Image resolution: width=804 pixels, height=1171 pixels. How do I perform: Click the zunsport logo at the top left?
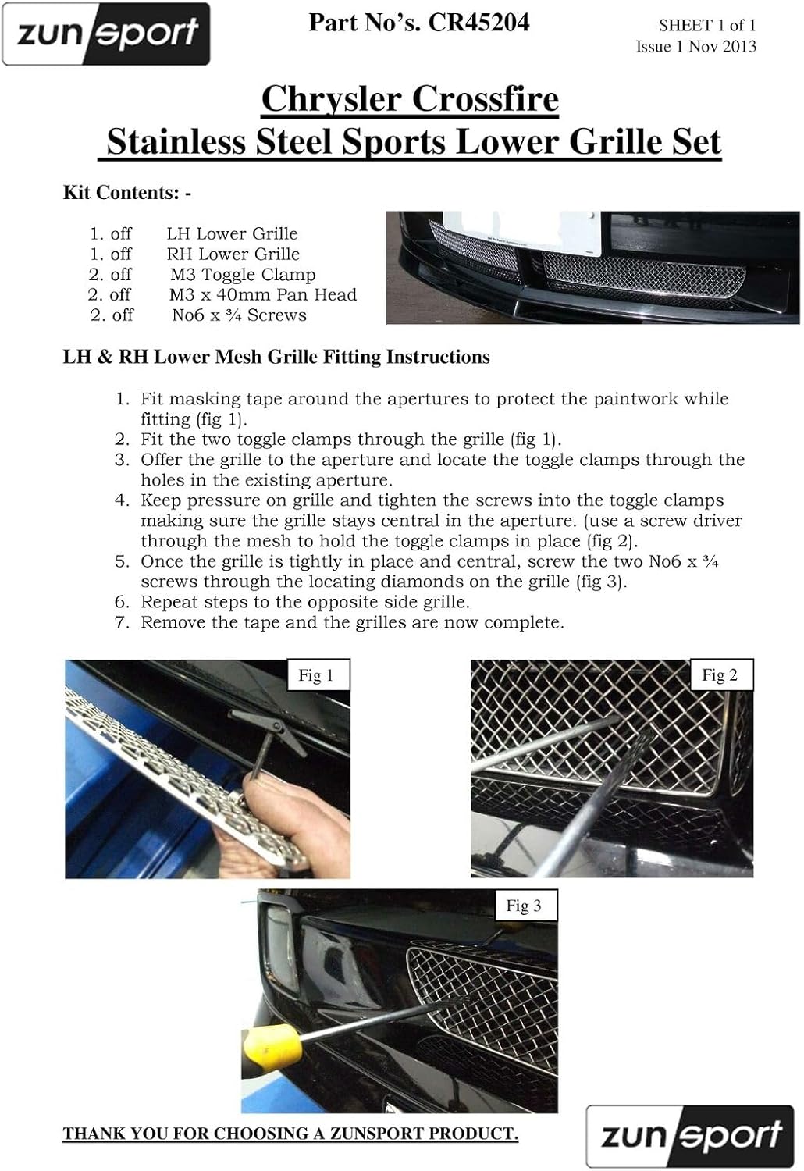[x=106, y=34]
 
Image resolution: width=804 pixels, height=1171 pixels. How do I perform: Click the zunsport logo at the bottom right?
[x=690, y=1136]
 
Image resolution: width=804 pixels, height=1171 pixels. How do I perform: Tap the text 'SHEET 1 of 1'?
[x=706, y=26]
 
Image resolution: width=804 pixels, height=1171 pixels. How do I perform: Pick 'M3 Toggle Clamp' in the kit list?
[x=243, y=275]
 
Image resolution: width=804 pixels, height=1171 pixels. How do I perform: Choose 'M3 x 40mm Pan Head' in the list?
[x=262, y=295]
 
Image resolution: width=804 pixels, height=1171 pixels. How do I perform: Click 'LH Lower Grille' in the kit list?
[x=232, y=234]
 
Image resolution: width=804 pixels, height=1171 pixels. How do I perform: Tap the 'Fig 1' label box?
[x=316, y=675]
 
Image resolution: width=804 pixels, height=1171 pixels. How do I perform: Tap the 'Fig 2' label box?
[x=720, y=675]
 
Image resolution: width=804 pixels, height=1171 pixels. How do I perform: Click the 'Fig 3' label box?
[x=524, y=906]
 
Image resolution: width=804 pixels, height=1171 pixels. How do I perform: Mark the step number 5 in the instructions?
[x=122, y=562]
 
